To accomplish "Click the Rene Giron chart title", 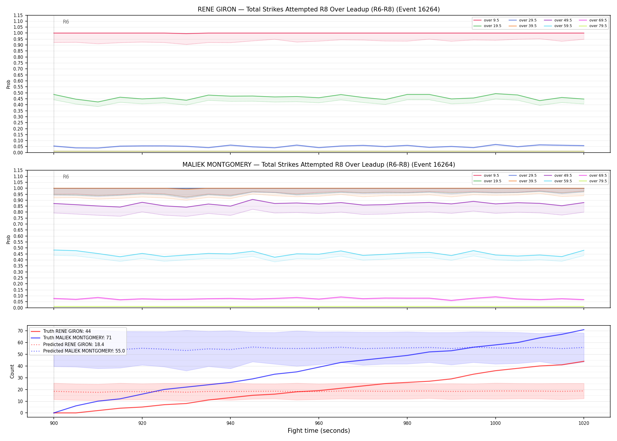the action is (319, 9).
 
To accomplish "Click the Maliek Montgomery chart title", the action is (319, 165).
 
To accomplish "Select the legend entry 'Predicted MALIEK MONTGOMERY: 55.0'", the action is (78, 351).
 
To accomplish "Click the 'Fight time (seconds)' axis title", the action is (319, 431).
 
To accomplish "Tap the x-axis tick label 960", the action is (319, 423).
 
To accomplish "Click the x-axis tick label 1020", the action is (584, 423).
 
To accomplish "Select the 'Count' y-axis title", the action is (12, 371).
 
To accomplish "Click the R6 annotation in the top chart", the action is (66, 22).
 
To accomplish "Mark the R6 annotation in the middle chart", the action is (66, 177).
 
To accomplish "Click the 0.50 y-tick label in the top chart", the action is (18, 93).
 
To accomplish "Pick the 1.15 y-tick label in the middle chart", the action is (18, 171).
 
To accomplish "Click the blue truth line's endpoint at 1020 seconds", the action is (584, 330).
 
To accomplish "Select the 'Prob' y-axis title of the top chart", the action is (9, 84).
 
